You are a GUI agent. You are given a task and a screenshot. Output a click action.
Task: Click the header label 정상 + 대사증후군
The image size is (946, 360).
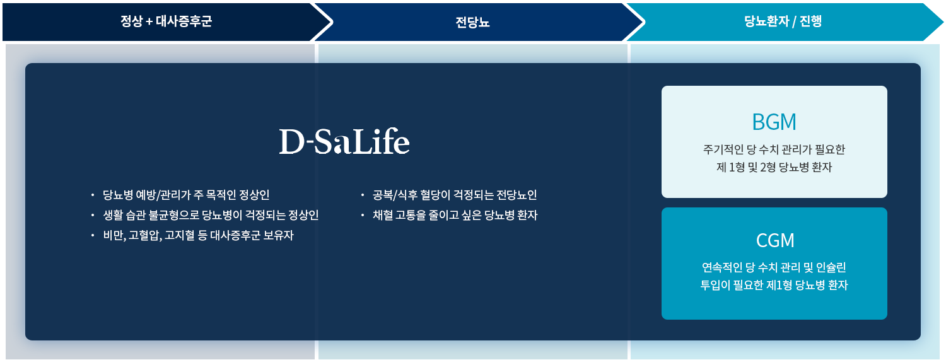pyautogui.click(x=166, y=21)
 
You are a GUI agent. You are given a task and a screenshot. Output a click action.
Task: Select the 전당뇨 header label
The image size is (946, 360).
pyautogui.click(x=472, y=22)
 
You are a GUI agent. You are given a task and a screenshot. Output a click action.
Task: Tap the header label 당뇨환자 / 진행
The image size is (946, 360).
pyautogui.click(x=783, y=21)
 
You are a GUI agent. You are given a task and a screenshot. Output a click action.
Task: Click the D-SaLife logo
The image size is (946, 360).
pyautogui.click(x=344, y=141)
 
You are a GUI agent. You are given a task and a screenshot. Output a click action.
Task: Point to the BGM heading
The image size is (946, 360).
pyautogui.click(x=774, y=122)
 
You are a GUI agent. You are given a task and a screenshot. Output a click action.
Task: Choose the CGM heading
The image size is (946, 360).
pyautogui.click(x=775, y=241)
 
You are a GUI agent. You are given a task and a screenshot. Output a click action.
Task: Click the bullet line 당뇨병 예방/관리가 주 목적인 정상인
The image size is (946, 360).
pyautogui.click(x=186, y=195)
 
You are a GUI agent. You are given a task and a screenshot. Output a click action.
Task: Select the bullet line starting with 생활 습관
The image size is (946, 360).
pyautogui.click(x=211, y=215)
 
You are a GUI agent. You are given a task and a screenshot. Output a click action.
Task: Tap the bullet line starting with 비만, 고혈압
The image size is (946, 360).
pyautogui.click(x=198, y=235)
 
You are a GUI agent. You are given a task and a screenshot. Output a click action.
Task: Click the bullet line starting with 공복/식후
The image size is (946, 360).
pyautogui.click(x=455, y=195)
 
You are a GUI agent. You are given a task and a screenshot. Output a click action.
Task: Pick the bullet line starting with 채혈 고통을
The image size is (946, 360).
pyautogui.click(x=455, y=215)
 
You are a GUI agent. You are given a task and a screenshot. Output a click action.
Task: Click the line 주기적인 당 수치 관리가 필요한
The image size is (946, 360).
pyautogui.click(x=774, y=149)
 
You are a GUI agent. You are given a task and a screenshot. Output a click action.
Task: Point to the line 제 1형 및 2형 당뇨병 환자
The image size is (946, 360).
pyautogui.click(x=774, y=167)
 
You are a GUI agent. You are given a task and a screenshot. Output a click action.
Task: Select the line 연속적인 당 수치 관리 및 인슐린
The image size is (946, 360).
pyautogui.click(x=774, y=267)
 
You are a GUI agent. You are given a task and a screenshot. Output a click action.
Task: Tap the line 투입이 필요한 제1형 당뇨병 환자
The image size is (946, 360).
pyautogui.click(x=774, y=285)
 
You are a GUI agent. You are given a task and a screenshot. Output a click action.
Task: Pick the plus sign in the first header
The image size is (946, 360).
pyautogui.click(x=149, y=22)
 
